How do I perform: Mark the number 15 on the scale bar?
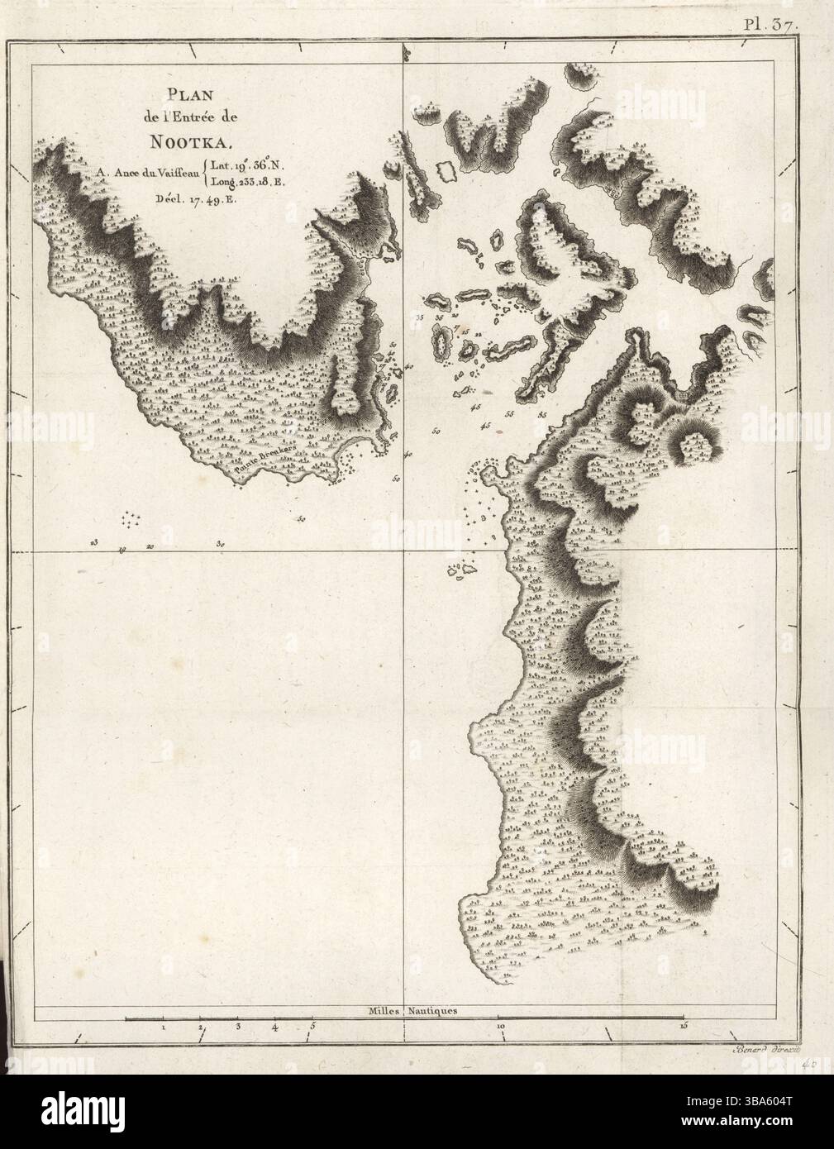(683, 1027)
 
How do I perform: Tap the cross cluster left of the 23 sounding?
(132, 518)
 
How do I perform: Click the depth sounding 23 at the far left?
(95, 543)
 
